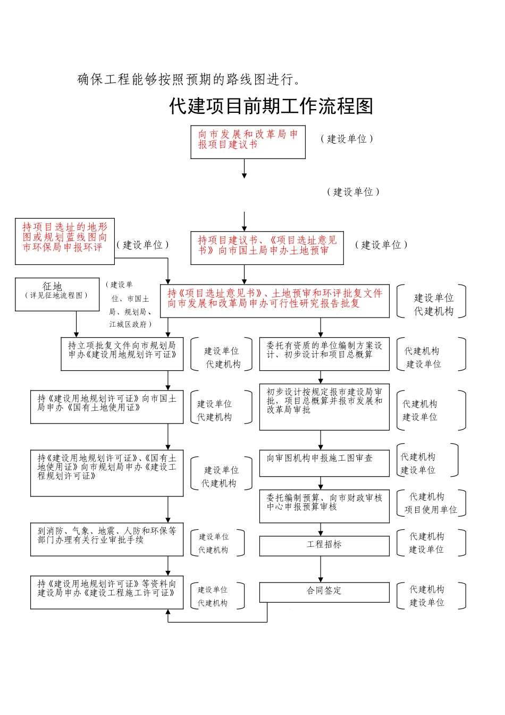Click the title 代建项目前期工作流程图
pos(271,106)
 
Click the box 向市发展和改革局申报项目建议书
pos(248,142)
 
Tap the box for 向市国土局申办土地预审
pos(267,248)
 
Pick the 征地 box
pos(57,294)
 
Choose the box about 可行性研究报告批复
pos(274,301)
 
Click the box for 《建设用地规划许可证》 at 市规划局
pos(122,354)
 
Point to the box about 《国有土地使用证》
pos(106,407)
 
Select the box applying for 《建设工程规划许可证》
pos(106,473)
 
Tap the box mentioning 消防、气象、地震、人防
pos(106,539)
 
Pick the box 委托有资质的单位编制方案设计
pos(324,354)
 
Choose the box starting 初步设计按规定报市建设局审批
pos(324,407)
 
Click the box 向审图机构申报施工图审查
pos(324,463)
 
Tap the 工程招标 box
pos(324,545)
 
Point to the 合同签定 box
pos(324,592)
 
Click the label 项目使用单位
pos(431,510)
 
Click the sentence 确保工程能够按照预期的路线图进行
pos(189,79)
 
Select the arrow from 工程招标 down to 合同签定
pos(321,569)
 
